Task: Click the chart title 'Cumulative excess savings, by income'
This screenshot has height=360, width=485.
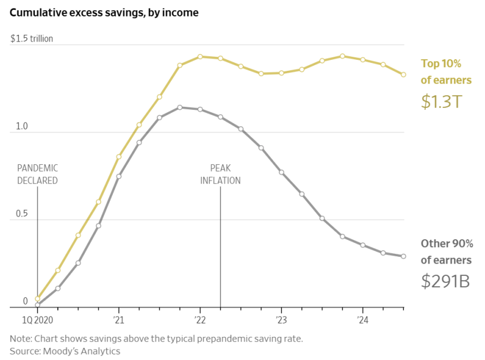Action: click(x=104, y=12)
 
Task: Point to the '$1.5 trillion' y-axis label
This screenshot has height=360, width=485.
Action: click(x=32, y=38)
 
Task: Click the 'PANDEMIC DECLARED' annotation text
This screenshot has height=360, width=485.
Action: click(x=37, y=174)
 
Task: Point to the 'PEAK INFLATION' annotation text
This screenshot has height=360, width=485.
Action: click(x=220, y=174)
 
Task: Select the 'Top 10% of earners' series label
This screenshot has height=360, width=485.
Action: click(x=446, y=71)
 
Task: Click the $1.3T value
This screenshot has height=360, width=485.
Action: click(x=441, y=101)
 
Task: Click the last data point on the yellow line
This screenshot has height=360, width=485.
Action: click(x=403, y=74)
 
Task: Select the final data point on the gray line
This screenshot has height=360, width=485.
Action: click(x=403, y=256)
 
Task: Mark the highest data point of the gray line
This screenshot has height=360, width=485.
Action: click(x=180, y=107)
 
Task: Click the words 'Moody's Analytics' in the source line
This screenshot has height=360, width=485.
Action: click(x=81, y=351)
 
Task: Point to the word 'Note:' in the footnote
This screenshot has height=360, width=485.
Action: click(x=21, y=338)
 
